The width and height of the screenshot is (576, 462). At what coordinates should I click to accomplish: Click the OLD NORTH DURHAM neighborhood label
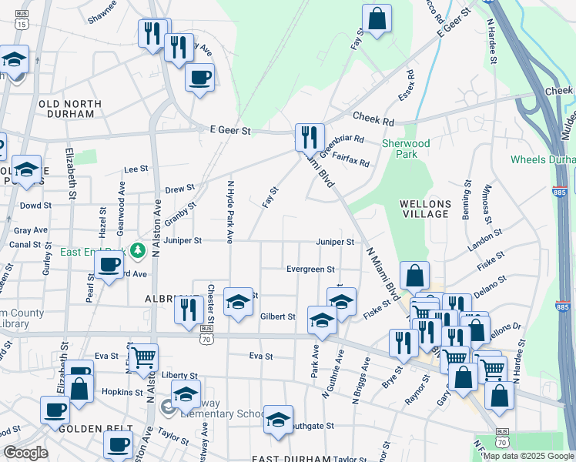[70, 109]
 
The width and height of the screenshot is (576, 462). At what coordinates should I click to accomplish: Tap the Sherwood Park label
[407, 149]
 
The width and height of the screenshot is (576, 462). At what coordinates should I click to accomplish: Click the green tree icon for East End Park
[138, 250]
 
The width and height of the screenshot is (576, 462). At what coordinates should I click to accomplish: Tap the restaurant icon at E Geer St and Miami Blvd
[310, 137]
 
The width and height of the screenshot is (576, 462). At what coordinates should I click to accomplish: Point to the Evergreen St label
[310, 269]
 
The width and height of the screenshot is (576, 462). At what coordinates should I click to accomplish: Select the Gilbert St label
[277, 316]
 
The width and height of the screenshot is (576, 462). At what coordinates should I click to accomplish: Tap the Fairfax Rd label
[351, 163]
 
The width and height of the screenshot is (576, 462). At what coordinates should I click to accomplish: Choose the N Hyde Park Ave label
[229, 209]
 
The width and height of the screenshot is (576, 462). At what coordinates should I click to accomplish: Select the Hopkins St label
[117, 392]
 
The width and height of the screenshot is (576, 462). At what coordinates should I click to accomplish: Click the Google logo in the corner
[25, 453]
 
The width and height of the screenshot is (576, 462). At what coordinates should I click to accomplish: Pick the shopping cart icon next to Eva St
[143, 357]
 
